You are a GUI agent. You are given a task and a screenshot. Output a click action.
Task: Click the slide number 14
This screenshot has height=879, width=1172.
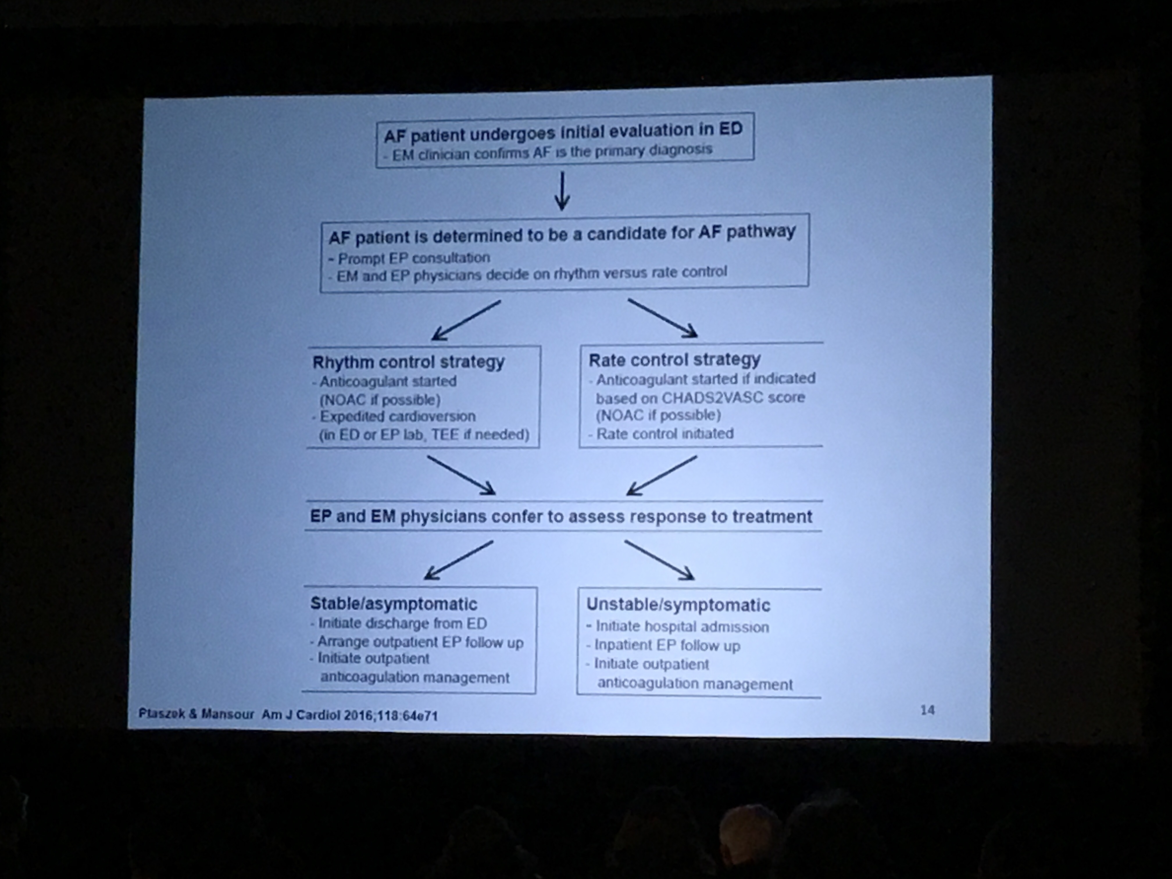tap(927, 710)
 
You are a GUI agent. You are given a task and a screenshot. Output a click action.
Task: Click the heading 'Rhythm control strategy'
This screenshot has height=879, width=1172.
tap(408, 362)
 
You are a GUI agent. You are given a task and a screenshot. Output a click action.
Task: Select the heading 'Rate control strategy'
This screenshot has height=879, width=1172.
tap(674, 360)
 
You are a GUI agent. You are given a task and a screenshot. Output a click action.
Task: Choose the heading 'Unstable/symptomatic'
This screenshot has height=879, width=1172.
tap(678, 605)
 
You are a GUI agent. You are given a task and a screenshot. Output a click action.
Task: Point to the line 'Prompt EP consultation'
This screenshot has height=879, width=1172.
tap(413, 258)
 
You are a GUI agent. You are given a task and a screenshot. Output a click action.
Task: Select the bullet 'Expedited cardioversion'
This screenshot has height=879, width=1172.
tap(397, 417)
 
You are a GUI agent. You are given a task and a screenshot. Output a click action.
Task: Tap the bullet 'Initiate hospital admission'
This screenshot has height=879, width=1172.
tap(682, 627)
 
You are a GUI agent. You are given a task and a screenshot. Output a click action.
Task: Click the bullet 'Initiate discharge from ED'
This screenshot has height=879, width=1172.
tap(402, 623)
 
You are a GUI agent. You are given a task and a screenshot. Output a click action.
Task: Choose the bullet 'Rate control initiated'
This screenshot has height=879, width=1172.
tap(665, 434)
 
